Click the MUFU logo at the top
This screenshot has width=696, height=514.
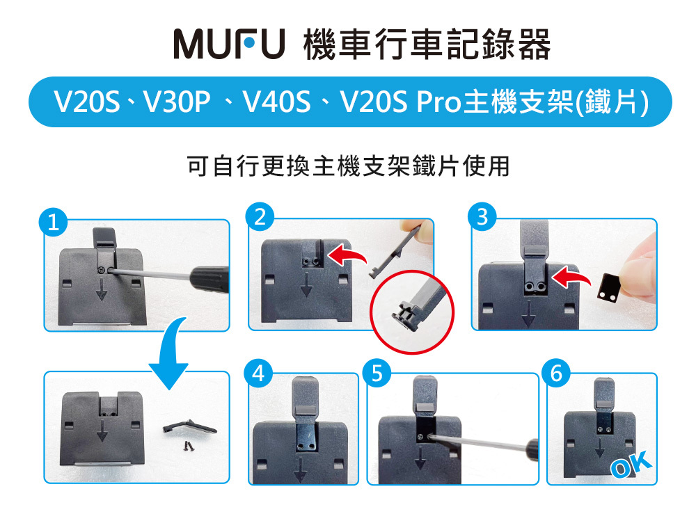[228, 44]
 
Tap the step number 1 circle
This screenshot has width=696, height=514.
[53, 222]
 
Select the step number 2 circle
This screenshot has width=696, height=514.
[260, 216]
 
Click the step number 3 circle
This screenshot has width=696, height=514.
[482, 217]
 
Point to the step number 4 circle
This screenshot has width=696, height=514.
[258, 374]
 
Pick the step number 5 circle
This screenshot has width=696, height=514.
[377, 374]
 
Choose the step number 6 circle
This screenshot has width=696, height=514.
[557, 373]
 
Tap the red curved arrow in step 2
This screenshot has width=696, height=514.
[347, 256]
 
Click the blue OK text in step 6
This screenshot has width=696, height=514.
[631, 465]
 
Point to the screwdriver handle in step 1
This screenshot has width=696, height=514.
[209, 280]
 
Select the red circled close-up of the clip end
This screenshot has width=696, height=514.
[412, 312]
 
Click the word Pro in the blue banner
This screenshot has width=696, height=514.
[439, 102]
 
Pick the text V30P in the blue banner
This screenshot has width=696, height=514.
[177, 102]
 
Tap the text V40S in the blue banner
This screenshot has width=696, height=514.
[276, 102]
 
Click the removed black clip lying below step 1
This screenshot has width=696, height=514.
[189, 428]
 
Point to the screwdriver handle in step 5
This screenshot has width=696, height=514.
[532, 449]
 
